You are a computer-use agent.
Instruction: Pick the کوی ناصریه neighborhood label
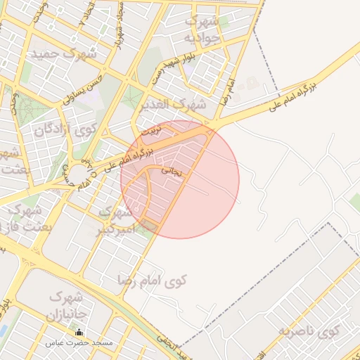[x=308, y=330]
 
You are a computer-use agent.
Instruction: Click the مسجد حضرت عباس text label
[x=79, y=344]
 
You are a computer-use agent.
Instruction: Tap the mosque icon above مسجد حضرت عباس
[x=79, y=333]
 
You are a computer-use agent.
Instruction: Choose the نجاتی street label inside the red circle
[x=172, y=170]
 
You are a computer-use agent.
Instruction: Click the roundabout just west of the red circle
[x=79, y=172]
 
